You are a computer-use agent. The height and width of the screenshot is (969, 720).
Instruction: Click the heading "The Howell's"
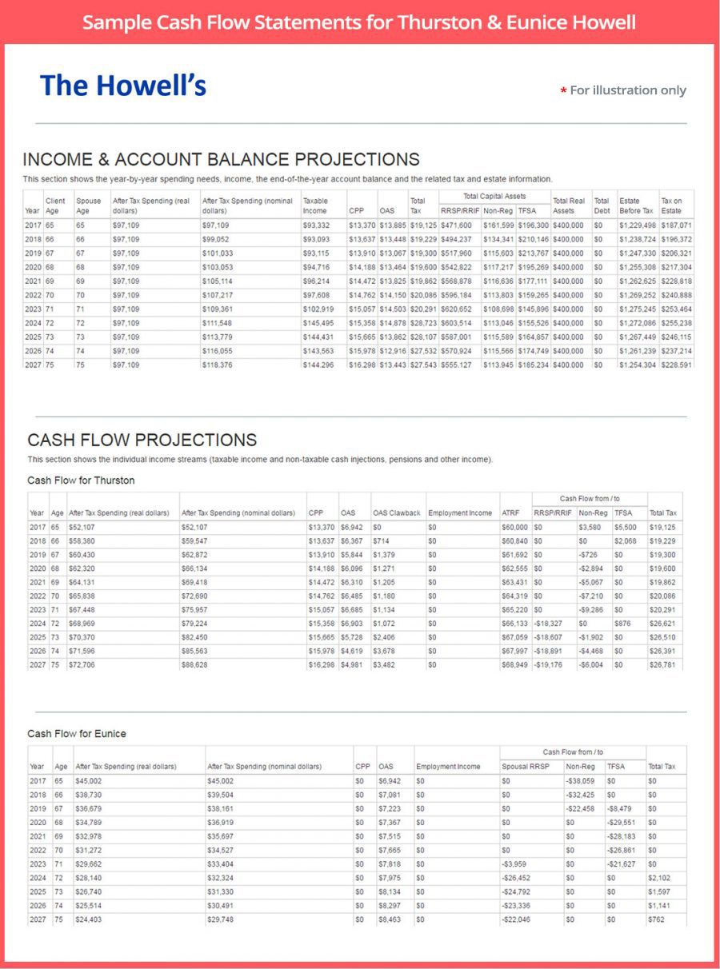(123, 86)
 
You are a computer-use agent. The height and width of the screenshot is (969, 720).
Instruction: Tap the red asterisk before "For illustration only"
(563, 91)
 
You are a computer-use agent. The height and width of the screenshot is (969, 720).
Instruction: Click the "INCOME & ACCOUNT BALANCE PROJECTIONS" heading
(221, 158)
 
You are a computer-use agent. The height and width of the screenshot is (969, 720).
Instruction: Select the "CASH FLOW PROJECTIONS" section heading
(142, 440)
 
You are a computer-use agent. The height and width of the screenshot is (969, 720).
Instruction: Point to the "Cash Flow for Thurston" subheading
(81, 481)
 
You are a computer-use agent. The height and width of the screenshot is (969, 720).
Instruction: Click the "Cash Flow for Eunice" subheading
(77, 733)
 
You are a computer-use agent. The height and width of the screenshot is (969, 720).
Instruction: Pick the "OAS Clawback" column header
(397, 512)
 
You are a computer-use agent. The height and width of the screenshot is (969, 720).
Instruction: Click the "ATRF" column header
(510, 512)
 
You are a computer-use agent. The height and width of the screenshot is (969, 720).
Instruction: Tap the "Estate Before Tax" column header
(636, 205)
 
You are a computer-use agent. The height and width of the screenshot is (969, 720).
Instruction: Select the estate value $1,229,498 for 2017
(637, 225)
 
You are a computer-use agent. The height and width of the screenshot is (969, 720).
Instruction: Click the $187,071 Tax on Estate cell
(676, 225)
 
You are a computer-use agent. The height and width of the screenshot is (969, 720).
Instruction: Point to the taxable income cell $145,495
(319, 323)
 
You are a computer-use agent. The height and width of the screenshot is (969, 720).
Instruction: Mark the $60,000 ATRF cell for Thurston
(514, 528)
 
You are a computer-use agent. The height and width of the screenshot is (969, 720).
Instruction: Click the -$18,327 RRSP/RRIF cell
(548, 624)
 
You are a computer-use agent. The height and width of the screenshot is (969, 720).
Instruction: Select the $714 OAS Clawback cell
(380, 540)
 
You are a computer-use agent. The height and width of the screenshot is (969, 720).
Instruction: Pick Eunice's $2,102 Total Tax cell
(659, 877)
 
